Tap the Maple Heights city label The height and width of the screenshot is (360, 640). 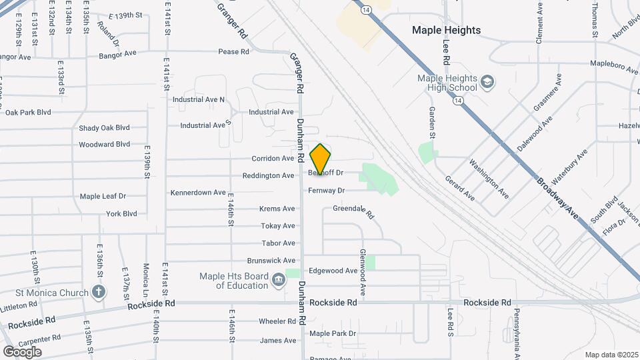click(446, 30)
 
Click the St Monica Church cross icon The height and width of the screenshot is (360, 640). click(99, 292)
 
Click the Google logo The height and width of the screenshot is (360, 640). click(22, 351)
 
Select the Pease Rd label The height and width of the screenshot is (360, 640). click(233, 51)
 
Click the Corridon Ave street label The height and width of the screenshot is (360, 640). click(273, 159)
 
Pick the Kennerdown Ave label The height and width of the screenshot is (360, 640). click(198, 193)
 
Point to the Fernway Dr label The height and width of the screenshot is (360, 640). click(326, 191)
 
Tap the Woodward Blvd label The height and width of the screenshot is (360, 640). click(104, 144)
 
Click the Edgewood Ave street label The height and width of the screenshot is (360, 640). click(333, 271)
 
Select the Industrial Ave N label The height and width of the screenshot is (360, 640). click(199, 100)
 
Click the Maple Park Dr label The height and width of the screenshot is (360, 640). click(333, 333)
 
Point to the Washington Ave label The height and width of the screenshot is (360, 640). click(489, 179)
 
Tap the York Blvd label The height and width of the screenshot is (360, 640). click(121, 214)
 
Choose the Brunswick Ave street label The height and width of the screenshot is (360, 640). click(271, 261)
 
